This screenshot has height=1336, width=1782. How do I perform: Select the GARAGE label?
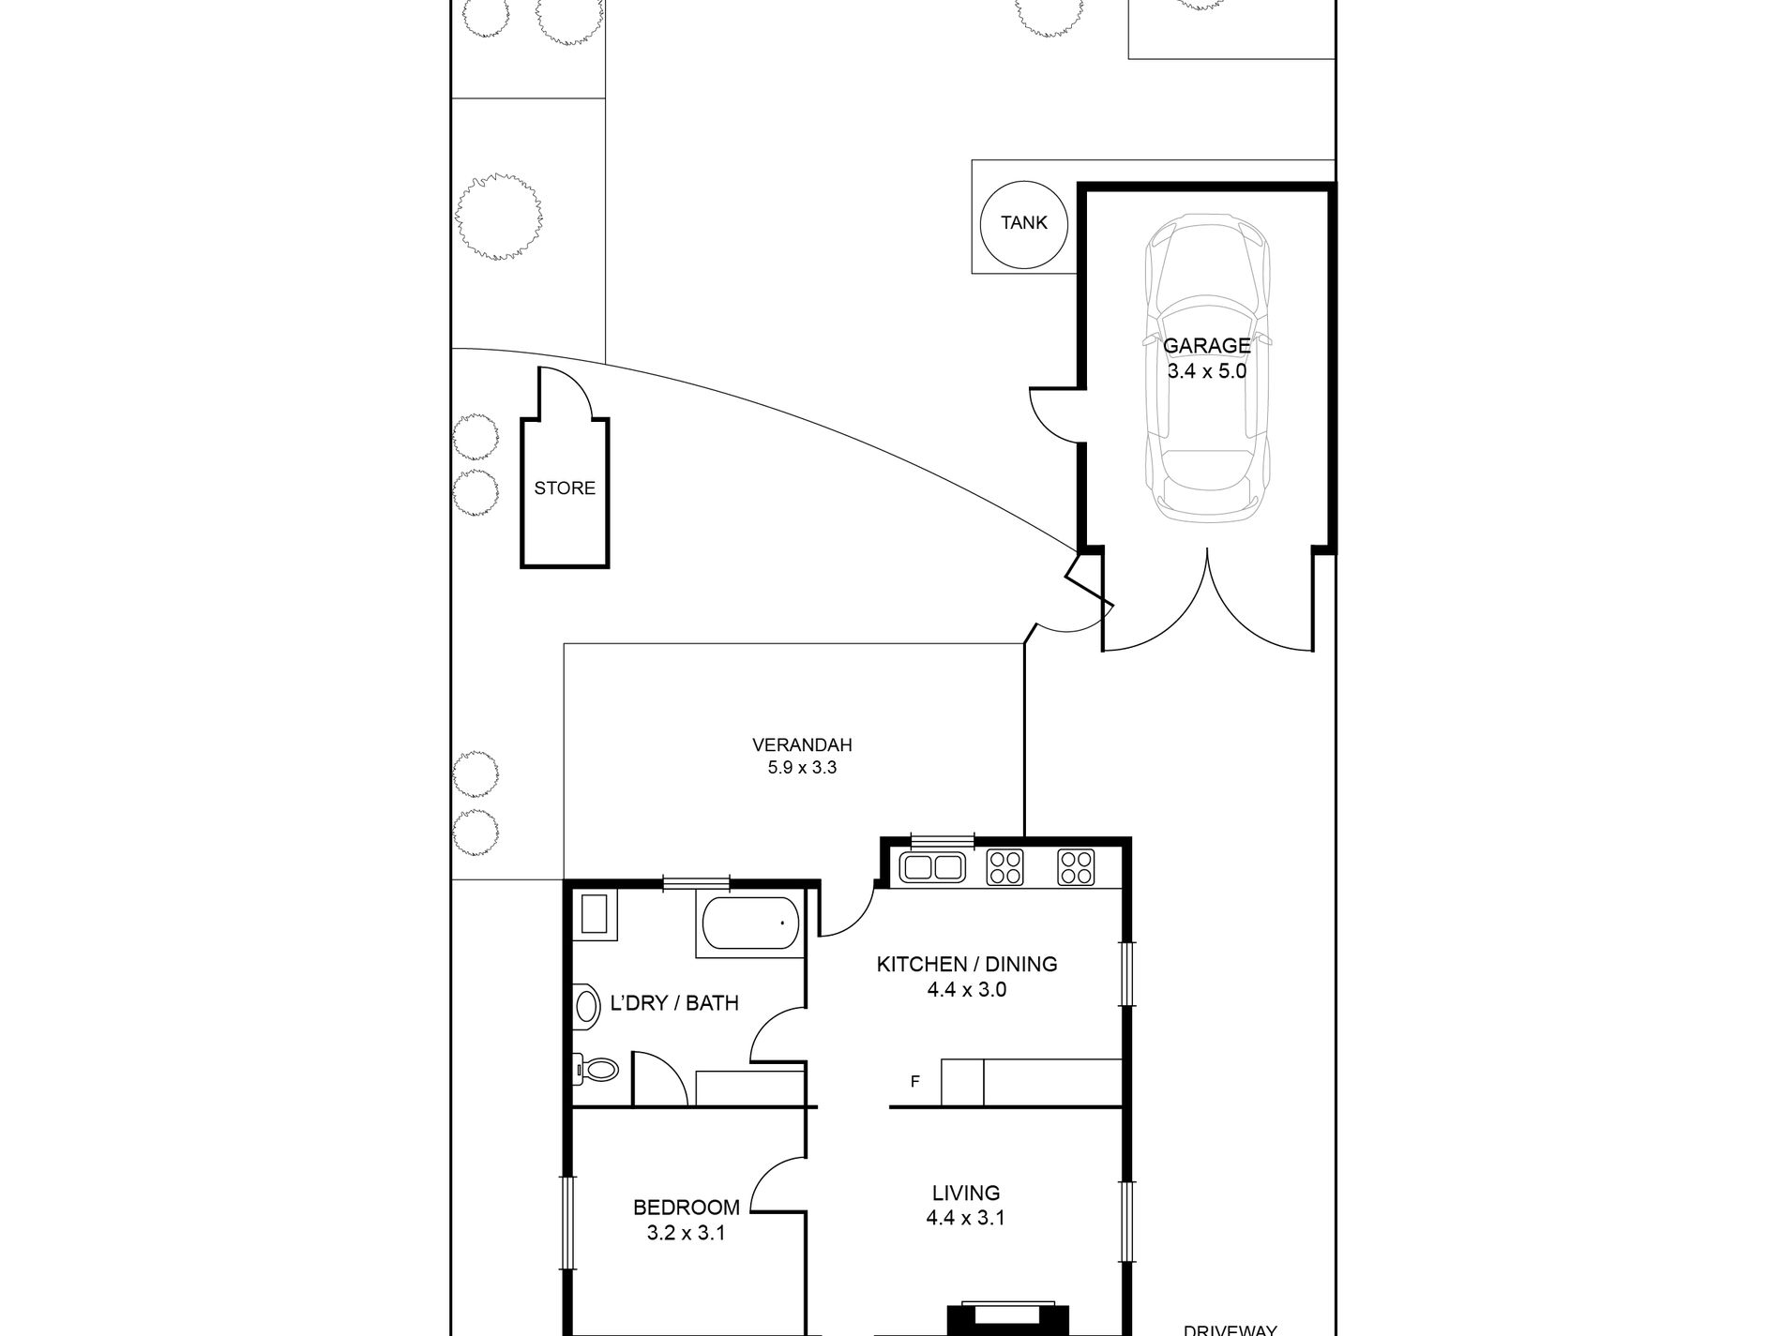pyautogui.click(x=1207, y=345)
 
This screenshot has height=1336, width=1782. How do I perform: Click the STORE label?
pyautogui.click(x=565, y=488)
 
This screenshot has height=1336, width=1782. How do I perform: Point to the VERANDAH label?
pyautogui.click(x=802, y=745)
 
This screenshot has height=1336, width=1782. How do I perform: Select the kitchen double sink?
pyautogui.click(x=932, y=866)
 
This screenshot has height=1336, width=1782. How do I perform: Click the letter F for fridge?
pyautogui.click(x=915, y=1081)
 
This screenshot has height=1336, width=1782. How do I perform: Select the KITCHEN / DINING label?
pyautogui.click(x=967, y=964)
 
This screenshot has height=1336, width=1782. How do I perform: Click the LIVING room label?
pyautogui.click(x=966, y=1193)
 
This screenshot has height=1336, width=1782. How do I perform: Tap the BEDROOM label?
pyautogui.click(x=687, y=1208)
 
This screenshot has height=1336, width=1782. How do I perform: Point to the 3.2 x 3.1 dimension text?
pyautogui.click(x=687, y=1233)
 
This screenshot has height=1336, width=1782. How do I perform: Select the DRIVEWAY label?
pyautogui.click(x=1231, y=1329)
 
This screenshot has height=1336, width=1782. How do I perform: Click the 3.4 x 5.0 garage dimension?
pyautogui.click(x=1207, y=371)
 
